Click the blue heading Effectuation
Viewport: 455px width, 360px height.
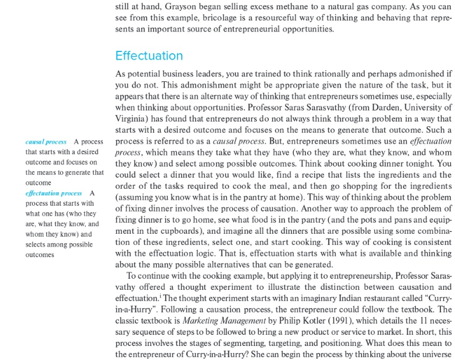tap(149, 56)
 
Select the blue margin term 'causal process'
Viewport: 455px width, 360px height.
tap(46, 142)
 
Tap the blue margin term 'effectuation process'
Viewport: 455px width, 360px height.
tap(54, 193)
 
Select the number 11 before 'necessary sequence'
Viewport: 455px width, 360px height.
tap(423, 320)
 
